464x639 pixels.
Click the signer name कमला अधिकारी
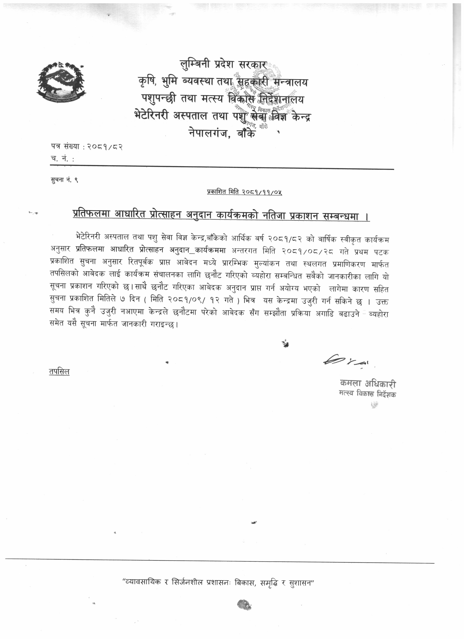368,384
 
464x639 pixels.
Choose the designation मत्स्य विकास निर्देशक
368,394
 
